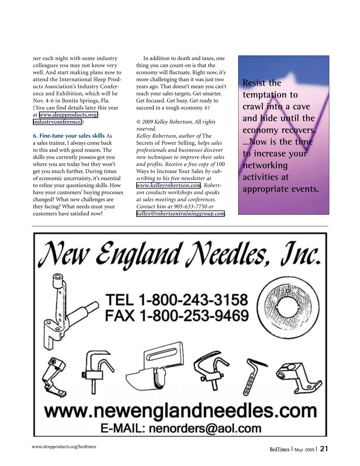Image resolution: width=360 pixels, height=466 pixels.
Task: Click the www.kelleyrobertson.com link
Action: [x=168, y=185]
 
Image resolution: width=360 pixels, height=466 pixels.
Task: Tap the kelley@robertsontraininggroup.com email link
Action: [x=181, y=214]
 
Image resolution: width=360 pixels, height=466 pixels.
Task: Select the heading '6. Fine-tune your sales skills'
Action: [x=69, y=136]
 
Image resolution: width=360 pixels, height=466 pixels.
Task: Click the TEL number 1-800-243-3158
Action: [x=193, y=300]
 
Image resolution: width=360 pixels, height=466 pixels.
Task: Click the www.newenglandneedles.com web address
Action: [x=181, y=410]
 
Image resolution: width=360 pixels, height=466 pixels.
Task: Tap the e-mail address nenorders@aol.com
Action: [x=205, y=428]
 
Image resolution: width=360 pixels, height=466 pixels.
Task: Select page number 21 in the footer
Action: [x=324, y=449]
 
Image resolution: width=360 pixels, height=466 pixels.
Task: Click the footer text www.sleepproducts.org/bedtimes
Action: [x=64, y=446]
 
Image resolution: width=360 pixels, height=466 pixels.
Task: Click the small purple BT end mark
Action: [x=207, y=108]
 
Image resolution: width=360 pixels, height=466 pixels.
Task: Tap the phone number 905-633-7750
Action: [x=190, y=206]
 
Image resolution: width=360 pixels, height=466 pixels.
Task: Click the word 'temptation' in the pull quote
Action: [x=262, y=95]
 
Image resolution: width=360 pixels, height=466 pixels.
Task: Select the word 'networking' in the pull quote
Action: [x=265, y=165]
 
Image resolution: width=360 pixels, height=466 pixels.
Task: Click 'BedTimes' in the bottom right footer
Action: [x=279, y=449]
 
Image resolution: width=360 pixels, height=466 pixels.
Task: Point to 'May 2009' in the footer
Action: [x=304, y=449]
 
